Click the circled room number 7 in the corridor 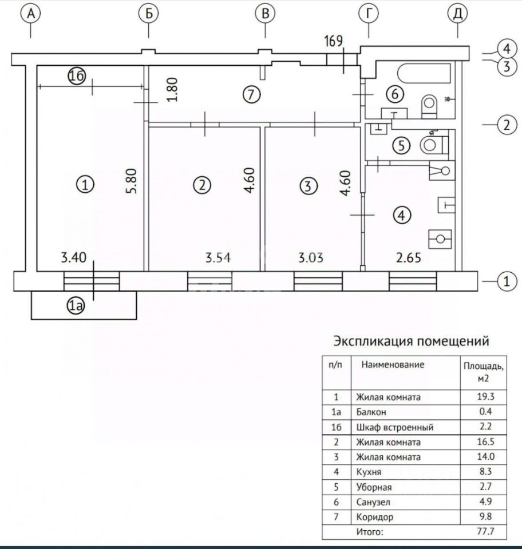tap(250, 95)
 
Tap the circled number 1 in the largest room tap(85, 185)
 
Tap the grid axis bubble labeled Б tap(148, 14)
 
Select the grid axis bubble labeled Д tap(457, 14)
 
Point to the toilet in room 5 tap(431, 144)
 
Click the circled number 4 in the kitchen tap(403, 215)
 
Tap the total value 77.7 tap(484, 532)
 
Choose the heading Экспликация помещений tap(411, 341)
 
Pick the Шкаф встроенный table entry tap(394, 427)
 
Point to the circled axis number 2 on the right tap(504, 125)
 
